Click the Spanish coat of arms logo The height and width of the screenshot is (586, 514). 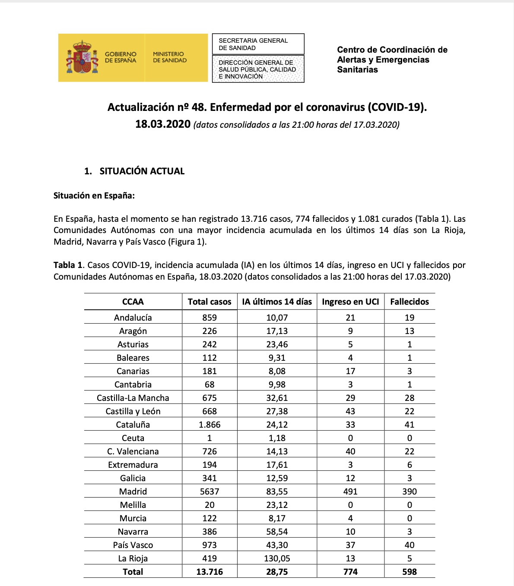81,57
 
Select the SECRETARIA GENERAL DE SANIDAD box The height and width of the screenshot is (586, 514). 258,44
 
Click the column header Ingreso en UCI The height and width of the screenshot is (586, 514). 350,302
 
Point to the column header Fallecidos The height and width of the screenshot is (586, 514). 409,302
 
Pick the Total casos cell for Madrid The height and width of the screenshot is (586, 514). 209,491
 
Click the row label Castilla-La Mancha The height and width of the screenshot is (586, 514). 133,398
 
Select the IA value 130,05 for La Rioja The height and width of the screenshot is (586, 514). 277,558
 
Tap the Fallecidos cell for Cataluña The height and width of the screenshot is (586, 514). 409,425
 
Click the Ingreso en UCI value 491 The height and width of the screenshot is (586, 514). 350,491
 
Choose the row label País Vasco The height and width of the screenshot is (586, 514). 133,545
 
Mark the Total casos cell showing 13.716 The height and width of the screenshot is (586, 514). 209,572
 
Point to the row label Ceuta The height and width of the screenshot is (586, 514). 133,438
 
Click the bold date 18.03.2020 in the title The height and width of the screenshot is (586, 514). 163,124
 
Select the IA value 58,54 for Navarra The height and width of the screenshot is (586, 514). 277,532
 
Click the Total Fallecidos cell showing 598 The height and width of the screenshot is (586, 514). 409,572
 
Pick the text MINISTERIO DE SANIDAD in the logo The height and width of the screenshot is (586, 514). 170,57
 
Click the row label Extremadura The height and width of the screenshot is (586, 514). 133,465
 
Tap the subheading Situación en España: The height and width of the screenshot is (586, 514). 94,195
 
